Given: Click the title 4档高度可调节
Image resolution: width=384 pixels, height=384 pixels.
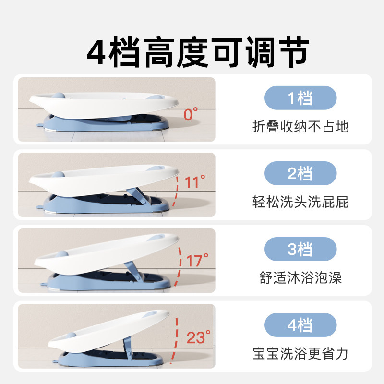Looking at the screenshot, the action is tap(198, 52).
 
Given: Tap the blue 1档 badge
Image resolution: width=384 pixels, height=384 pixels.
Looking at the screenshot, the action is tap(300, 98).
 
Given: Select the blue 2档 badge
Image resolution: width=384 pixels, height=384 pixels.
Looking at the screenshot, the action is tap(300, 173).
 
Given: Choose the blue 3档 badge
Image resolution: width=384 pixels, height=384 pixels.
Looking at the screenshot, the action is tap(300, 249).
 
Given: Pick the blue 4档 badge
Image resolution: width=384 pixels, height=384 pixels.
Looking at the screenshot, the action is tap(300, 325).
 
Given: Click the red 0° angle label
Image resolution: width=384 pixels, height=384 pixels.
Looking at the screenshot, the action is tap(191, 114).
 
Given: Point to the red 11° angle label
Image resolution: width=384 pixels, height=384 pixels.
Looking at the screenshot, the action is tap(195, 181).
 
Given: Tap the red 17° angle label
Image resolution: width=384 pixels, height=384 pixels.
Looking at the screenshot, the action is tap(197, 260).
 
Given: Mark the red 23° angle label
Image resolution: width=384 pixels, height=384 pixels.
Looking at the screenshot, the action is tap(198, 337).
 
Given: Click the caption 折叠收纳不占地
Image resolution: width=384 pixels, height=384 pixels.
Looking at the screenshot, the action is tap(300, 127).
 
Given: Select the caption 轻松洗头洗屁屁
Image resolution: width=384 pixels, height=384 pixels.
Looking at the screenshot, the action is tap(300, 202).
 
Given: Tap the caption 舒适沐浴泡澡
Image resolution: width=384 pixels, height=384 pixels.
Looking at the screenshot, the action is tap(300, 278).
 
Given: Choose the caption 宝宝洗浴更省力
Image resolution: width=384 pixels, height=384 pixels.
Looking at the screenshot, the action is tap(300, 354).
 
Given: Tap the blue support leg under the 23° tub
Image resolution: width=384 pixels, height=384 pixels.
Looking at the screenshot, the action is tap(127, 348).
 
